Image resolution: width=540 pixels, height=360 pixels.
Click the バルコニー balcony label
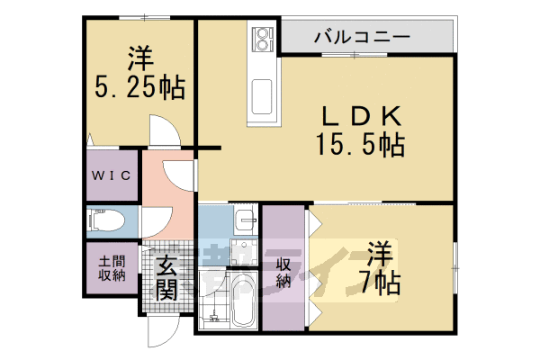362,38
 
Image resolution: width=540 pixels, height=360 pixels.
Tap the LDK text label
358,115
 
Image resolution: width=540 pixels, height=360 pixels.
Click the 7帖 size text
382,283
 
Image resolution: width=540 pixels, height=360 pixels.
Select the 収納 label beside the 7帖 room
283,273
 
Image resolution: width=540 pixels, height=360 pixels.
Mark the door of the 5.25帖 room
165,132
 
